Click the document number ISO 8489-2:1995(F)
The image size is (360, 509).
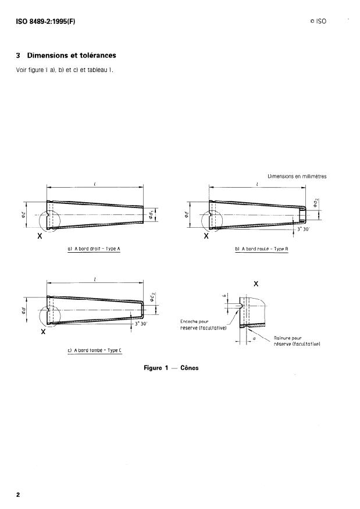(46, 21)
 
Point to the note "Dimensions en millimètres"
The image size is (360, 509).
(297, 177)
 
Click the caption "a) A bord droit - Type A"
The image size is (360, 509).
(97, 249)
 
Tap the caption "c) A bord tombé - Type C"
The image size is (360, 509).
(94, 350)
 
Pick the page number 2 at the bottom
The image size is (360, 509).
(18, 494)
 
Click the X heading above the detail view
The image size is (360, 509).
(256, 284)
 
